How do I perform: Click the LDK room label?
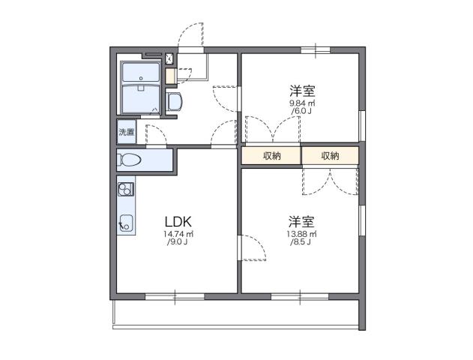(180, 222)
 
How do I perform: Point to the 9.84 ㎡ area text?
(302, 103)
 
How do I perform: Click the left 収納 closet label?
(271, 156)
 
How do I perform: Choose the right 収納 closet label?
(330, 156)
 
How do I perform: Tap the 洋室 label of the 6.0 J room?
(302, 89)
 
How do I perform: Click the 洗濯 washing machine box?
(126, 132)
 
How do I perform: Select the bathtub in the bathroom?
(140, 73)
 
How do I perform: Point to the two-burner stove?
(125, 188)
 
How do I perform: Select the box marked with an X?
(169, 58)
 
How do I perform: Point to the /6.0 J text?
(302, 112)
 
